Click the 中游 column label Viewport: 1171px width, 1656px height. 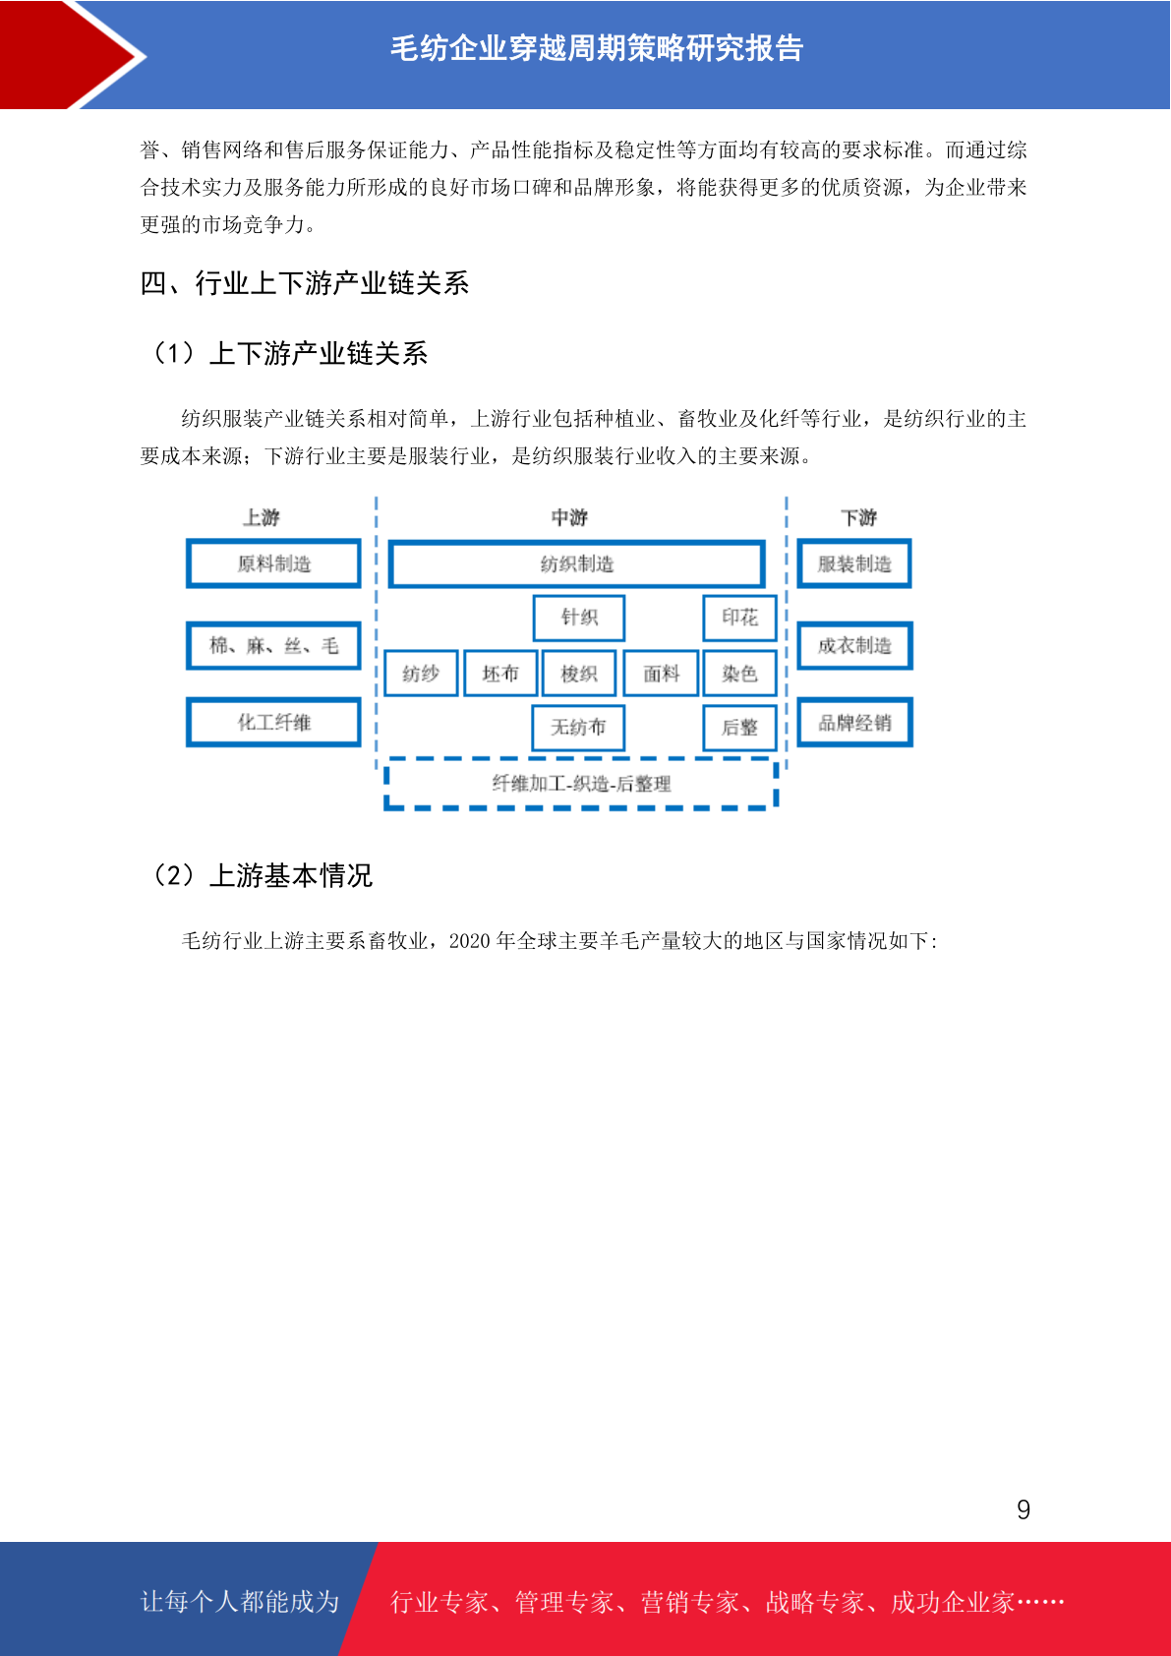[569, 516]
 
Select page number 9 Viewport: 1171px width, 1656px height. [1024, 1508]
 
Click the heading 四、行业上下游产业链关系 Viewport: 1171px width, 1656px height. [305, 283]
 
